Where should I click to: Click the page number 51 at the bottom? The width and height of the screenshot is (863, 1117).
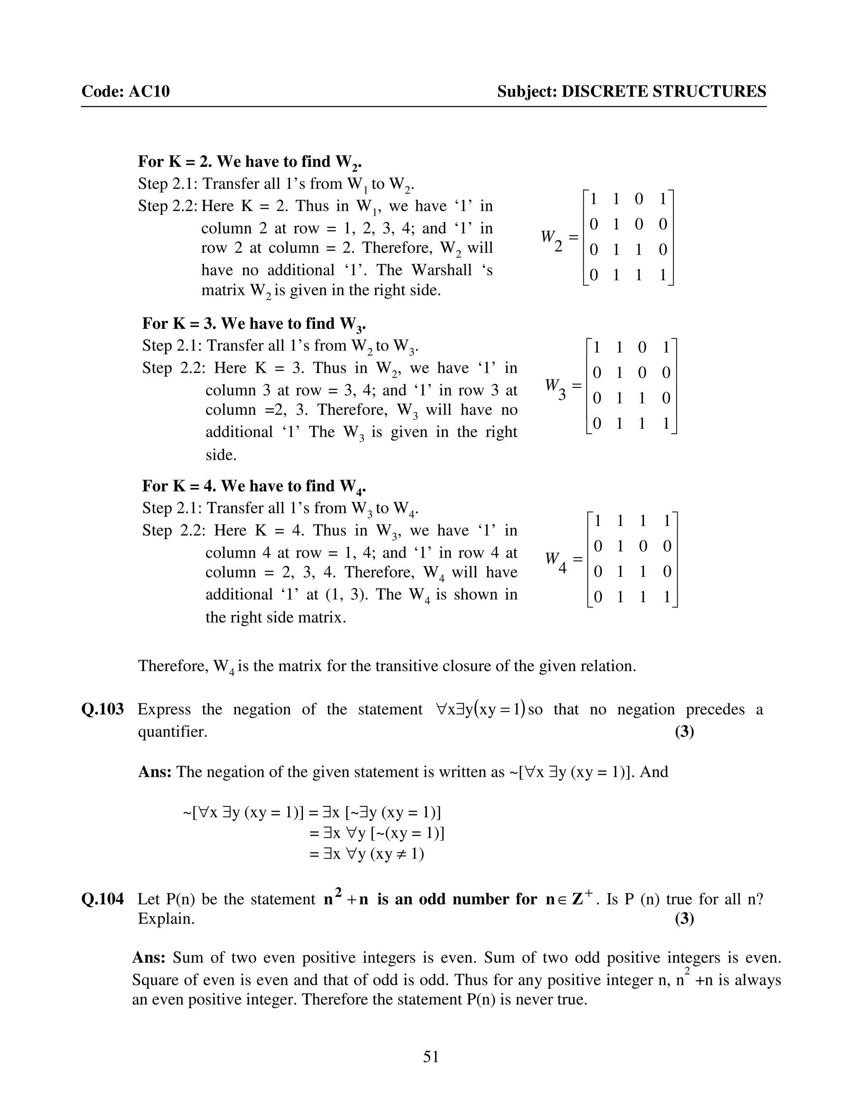pos(431,1056)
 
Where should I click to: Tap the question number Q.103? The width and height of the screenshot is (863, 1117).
pos(102,709)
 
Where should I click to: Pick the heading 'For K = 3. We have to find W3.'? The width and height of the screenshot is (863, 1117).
pos(254,324)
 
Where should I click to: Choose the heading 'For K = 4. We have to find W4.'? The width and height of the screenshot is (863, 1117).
pos(254,486)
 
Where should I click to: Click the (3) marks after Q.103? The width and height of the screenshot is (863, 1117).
pos(684,731)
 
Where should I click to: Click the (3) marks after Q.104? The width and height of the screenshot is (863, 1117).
pos(684,918)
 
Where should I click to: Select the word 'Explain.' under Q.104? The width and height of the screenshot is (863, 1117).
pos(166,918)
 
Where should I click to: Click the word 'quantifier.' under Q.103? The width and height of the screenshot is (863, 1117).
pos(173,732)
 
